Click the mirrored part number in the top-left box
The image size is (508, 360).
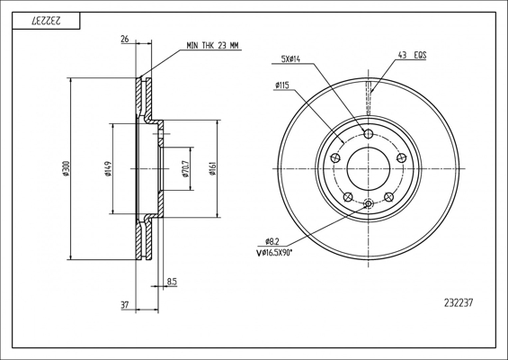tap(46, 21)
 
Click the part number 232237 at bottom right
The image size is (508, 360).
tap(459, 303)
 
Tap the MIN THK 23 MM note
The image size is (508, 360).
tap(212, 45)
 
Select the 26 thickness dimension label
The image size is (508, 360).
tap(125, 40)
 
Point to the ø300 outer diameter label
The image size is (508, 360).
tap(67, 168)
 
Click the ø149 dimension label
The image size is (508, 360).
tap(108, 168)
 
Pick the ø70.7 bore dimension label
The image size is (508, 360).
tap(185, 168)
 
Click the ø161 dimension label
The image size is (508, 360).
tap(212, 168)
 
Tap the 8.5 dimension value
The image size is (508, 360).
tap(172, 282)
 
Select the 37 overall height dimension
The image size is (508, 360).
tap(125, 305)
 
